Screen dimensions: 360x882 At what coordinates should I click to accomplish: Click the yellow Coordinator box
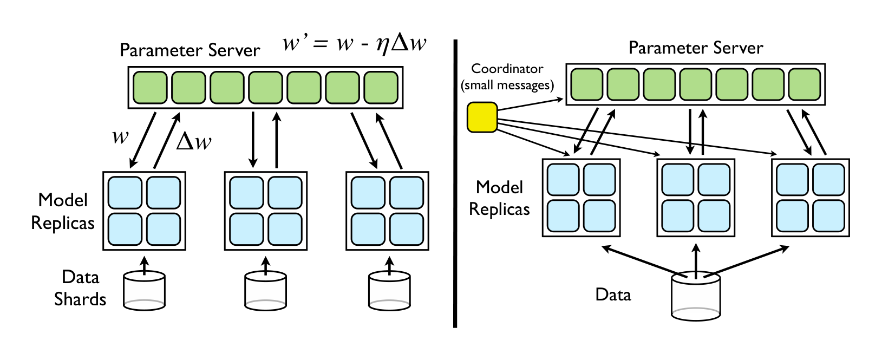click(482, 117)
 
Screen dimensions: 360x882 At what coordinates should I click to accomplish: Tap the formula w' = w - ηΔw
click(355, 43)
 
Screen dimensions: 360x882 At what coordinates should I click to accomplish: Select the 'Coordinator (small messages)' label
click(507, 77)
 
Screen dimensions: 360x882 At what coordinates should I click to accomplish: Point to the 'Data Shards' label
click(80, 288)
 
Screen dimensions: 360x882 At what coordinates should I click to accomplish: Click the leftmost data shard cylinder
click(144, 291)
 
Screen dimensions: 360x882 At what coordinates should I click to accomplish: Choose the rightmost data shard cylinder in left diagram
click(389, 291)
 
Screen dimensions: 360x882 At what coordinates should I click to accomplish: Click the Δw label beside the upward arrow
click(194, 142)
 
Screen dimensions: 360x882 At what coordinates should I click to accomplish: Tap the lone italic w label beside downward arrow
click(120, 136)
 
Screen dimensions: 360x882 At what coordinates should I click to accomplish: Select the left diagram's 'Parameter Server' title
click(190, 50)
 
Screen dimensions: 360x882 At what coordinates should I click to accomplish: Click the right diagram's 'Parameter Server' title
click(696, 48)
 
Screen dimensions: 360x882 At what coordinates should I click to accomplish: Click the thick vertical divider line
click(455, 184)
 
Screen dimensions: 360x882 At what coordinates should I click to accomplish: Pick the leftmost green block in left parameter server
click(150, 87)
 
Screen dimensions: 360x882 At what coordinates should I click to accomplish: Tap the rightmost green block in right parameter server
click(805, 84)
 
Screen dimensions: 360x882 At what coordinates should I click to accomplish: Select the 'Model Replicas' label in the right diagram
click(499, 198)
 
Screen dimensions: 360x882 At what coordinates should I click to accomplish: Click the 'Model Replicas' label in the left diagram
click(63, 211)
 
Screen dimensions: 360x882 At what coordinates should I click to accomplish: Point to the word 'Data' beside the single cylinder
click(613, 295)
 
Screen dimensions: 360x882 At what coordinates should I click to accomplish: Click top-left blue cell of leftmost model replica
click(125, 192)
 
